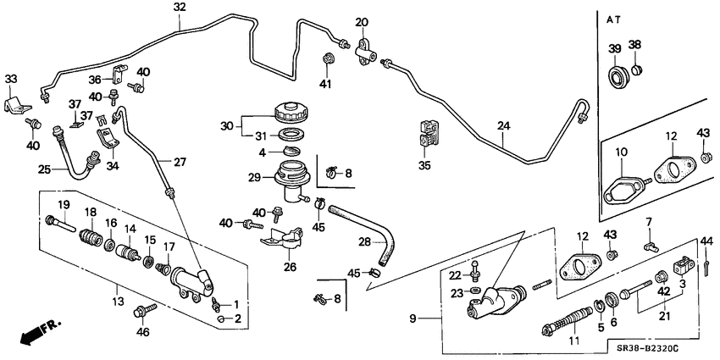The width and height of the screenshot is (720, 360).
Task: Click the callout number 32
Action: pyautogui.click(x=179, y=8)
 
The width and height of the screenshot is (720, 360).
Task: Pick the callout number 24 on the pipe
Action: pyautogui.click(x=504, y=127)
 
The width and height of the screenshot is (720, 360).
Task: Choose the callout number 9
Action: pyautogui.click(x=414, y=318)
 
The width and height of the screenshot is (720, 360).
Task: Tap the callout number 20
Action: pyautogui.click(x=362, y=22)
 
